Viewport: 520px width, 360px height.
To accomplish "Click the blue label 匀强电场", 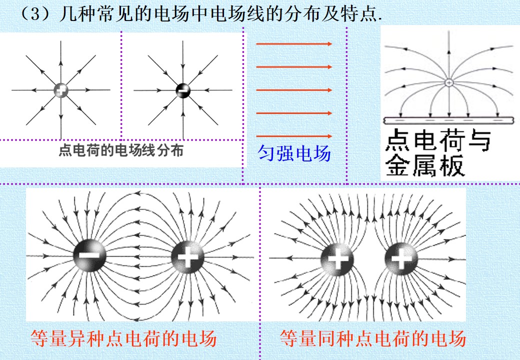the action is click(294, 153).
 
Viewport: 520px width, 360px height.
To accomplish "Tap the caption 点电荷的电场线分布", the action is click(120, 150).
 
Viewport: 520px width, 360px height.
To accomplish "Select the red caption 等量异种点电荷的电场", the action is click(123, 338).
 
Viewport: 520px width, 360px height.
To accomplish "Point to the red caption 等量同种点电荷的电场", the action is click(373, 338).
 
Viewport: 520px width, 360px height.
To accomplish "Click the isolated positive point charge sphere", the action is click(61, 90).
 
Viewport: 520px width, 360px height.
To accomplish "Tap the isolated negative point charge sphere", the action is click(183, 90).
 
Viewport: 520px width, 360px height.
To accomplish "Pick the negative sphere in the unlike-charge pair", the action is click(89, 255).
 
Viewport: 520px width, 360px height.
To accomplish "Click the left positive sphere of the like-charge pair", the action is click(337, 259).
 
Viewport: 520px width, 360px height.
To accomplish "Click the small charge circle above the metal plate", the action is click(448, 82).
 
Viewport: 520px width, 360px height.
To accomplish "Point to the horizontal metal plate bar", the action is click(448, 120).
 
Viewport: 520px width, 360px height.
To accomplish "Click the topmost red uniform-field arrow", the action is click(294, 44).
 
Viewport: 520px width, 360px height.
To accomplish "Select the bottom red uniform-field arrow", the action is click(294, 136).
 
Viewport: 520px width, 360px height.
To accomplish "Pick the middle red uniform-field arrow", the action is click(294, 90).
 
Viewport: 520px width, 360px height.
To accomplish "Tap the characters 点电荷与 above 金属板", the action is click(438, 140).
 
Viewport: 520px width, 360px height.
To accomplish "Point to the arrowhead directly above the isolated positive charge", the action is click(61, 63).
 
